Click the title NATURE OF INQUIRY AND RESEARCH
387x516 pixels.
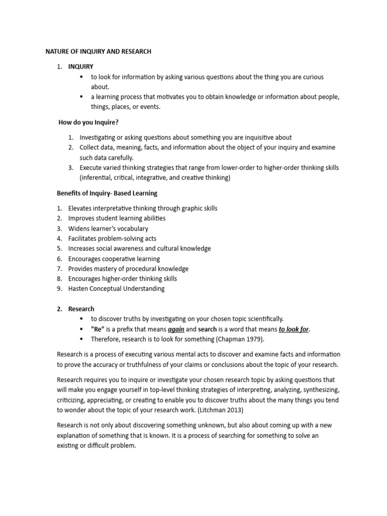[98, 51]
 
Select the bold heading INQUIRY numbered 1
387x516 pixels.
[81, 67]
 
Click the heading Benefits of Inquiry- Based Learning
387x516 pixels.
[106, 193]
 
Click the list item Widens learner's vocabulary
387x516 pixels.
[108, 228]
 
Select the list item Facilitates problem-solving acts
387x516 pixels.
[112, 238]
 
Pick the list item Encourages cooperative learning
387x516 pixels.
[114, 259]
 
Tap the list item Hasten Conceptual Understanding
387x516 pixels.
[116, 289]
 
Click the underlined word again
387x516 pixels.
[176, 329]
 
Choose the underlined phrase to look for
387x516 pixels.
[294, 329]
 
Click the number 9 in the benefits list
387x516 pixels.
[58, 289]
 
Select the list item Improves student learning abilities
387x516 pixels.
[117, 218]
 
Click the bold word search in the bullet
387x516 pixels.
[208, 329]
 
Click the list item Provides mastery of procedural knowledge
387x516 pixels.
[128, 269]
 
